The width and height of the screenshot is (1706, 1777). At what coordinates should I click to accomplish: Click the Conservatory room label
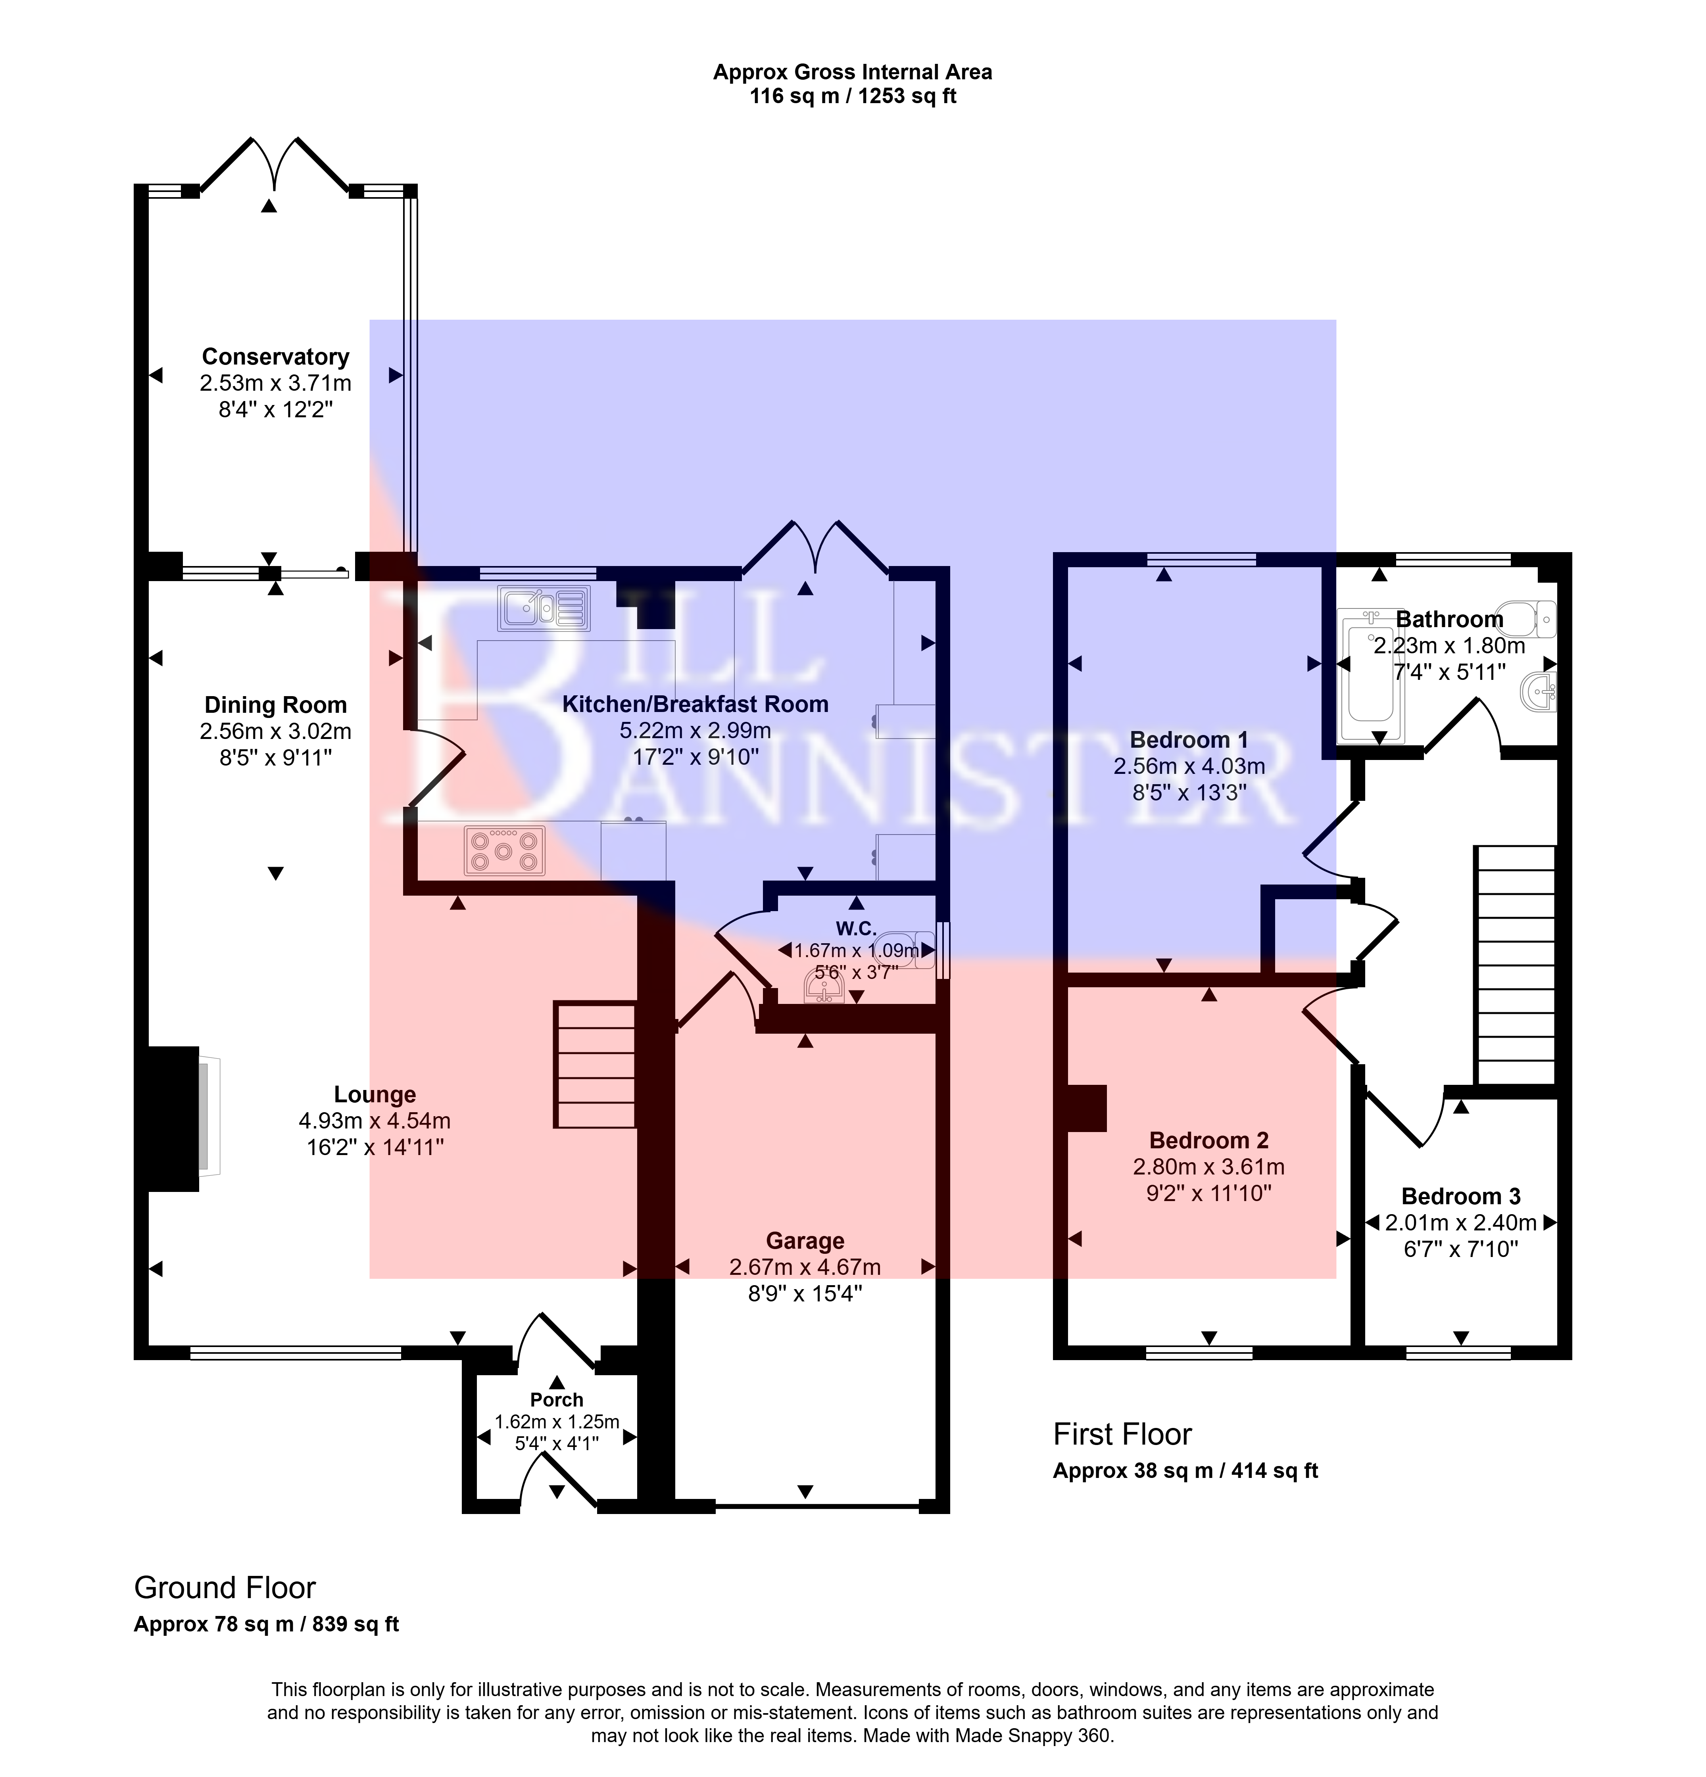(x=275, y=356)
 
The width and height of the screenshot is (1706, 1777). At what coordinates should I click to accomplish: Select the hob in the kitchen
(x=504, y=850)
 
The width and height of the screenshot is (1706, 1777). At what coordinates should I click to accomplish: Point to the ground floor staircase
(x=595, y=1064)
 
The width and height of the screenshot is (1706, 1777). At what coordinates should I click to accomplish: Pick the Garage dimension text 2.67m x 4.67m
(x=805, y=1267)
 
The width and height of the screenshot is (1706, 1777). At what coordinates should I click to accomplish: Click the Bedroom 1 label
(x=1189, y=740)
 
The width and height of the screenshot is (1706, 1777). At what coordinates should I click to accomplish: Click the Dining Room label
(x=275, y=704)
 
